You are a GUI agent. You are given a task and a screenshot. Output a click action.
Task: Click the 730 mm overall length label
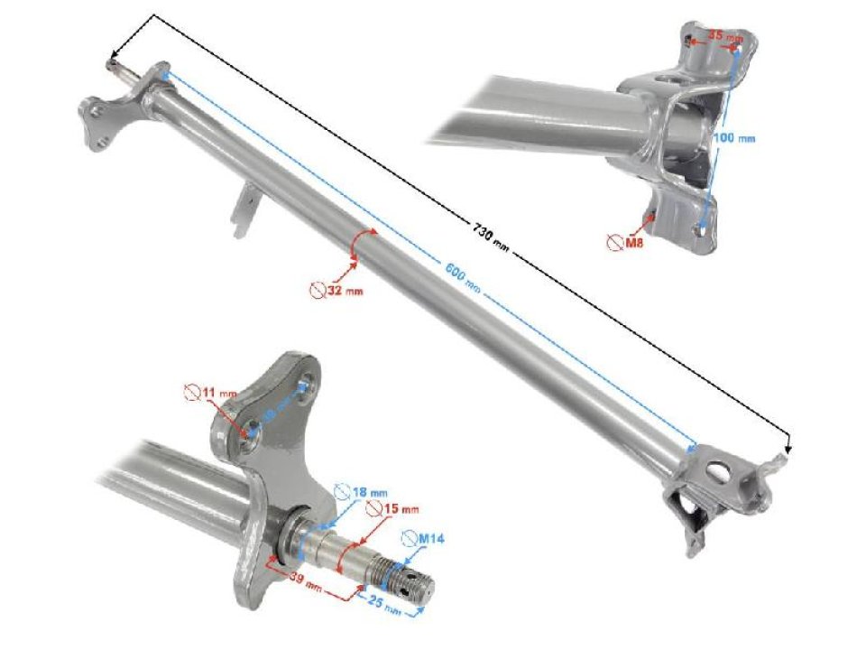(x=488, y=237)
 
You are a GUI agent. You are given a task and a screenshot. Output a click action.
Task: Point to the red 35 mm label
(x=724, y=37)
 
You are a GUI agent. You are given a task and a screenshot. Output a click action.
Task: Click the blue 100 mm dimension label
(x=733, y=137)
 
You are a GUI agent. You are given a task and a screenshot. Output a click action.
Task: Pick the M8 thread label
(x=632, y=242)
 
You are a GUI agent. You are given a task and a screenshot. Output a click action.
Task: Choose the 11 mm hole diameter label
(x=217, y=394)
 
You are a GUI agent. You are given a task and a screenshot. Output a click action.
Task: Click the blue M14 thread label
(x=426, y=538)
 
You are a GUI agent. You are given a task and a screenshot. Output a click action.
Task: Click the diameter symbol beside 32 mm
(x=317, y=290)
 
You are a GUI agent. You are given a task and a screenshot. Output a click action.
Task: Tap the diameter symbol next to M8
(x=615, y=242)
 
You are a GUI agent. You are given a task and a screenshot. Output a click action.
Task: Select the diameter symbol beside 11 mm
(x=191, y=393)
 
